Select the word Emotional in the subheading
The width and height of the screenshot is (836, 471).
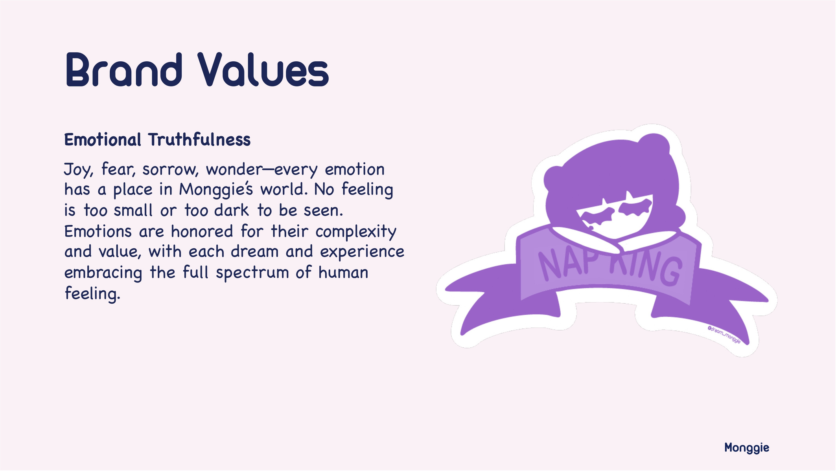tap(103, 139)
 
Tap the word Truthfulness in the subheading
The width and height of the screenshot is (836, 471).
tap(199, 139)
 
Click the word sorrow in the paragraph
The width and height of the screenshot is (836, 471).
tap(170, 170)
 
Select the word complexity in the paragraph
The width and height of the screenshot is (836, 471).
tap(356, 232)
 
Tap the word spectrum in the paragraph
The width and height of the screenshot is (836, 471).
tap(252, 273)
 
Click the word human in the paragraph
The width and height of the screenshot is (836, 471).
tap(343, 272)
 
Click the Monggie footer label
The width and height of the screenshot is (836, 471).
tap(747, 448)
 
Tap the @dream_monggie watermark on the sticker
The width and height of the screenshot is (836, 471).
tap(724, 335)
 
